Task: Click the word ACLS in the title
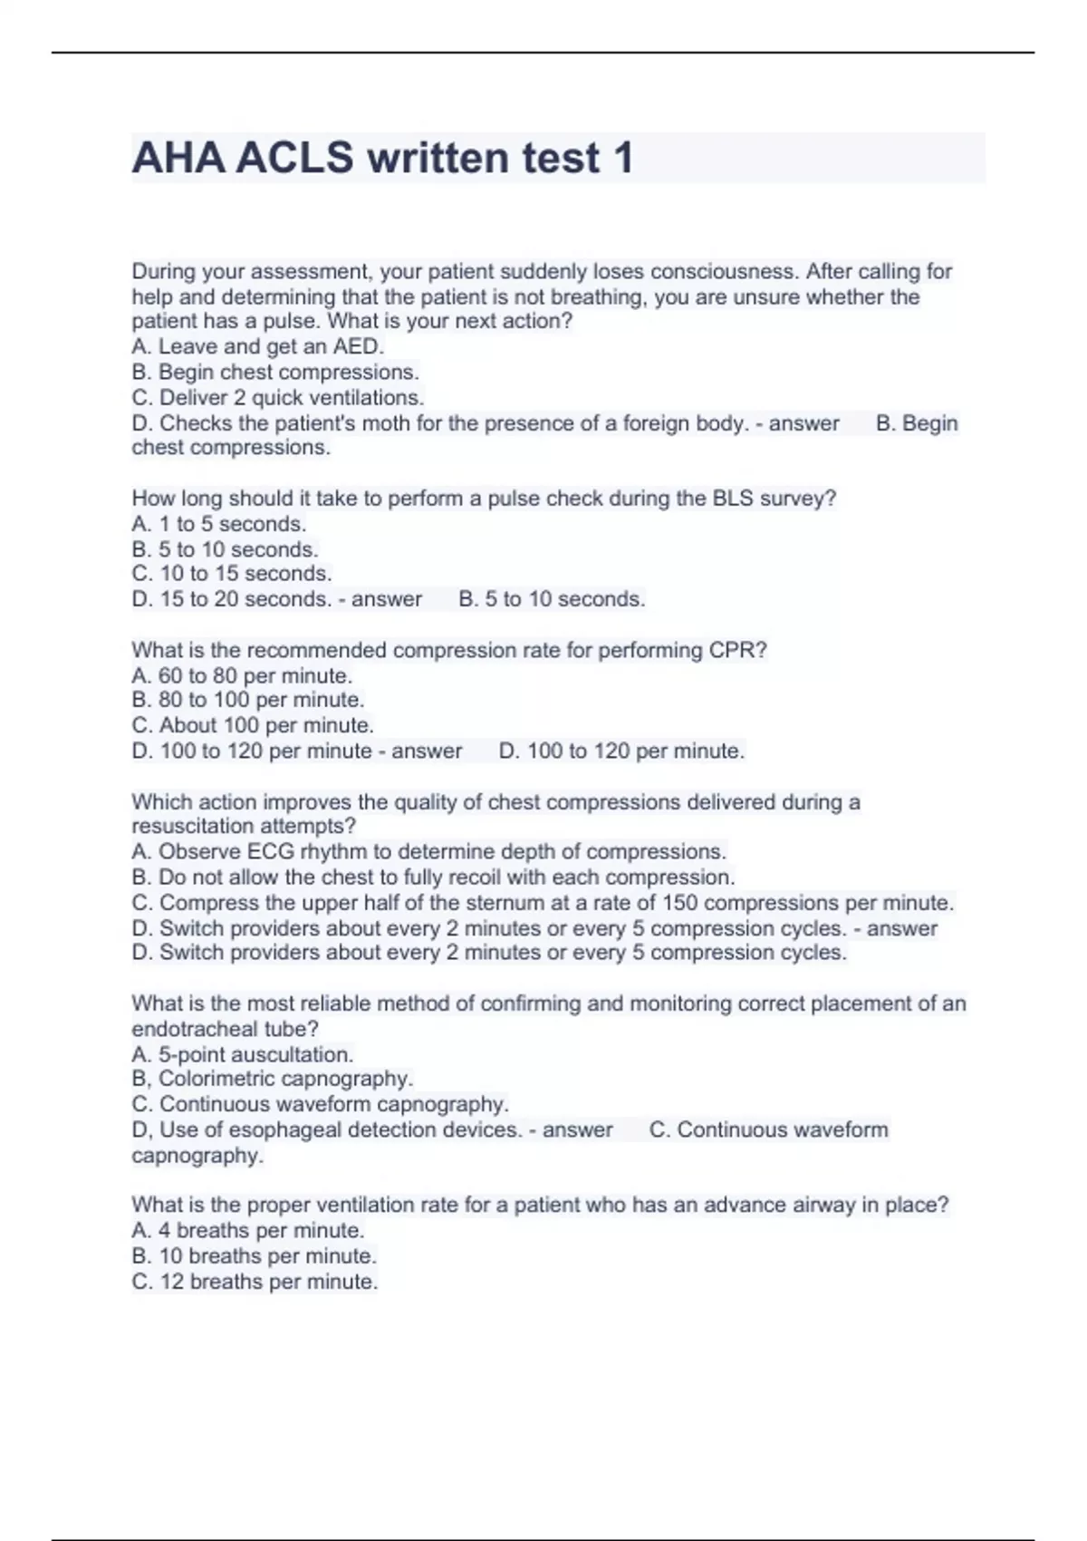click(294, 159)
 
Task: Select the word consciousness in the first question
click(722, 271)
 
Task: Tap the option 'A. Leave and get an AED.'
click(258, 346)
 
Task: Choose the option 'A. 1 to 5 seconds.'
click(219, 524)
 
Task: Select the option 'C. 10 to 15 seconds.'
click(232, 574)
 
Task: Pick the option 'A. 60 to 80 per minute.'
click(242, 675)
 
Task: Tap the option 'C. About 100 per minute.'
click(253, 725)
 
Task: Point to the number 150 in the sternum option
click(679, 903)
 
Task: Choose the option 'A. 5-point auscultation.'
click(243, 1054)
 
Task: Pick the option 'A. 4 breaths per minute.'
click(248, 1230)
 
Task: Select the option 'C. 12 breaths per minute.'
click(255, 1282)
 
